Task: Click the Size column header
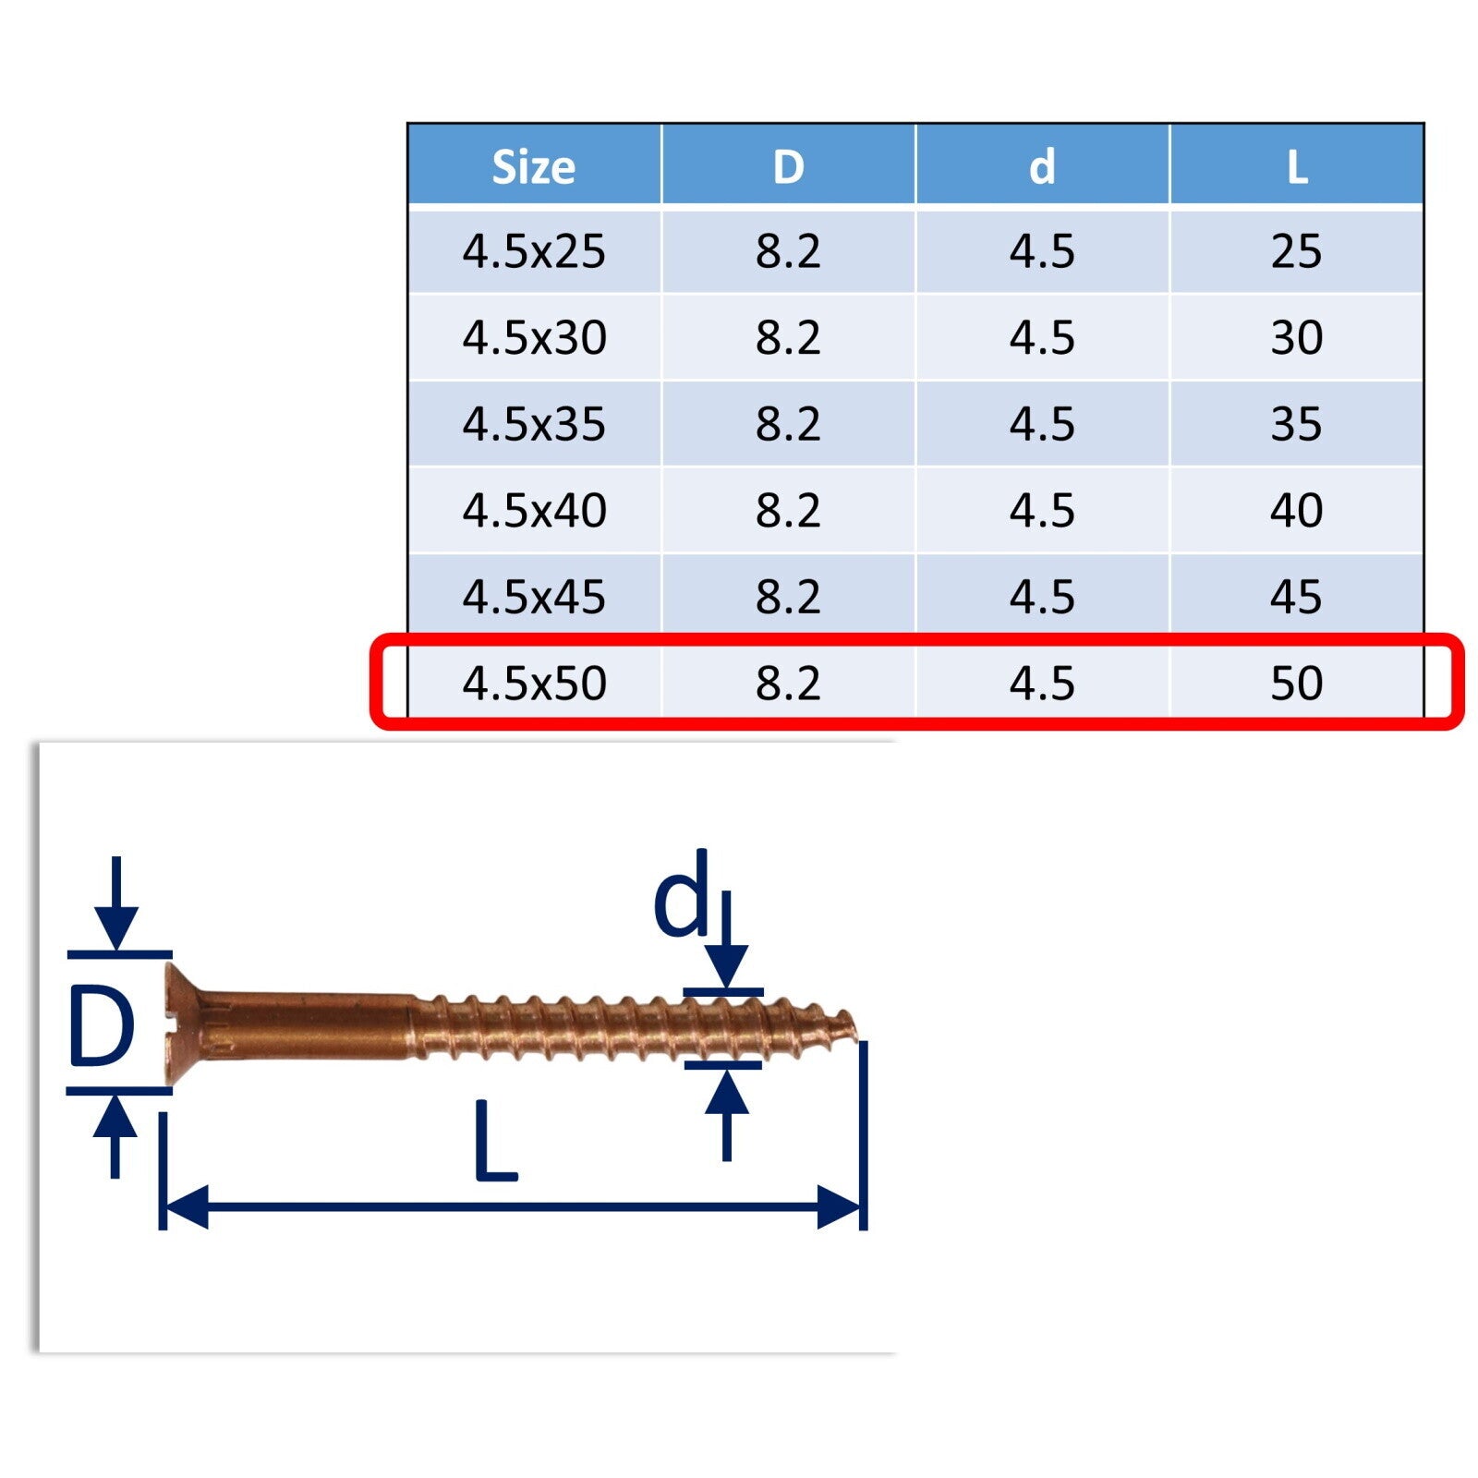coord(534,167)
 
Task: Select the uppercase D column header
coord(788,167)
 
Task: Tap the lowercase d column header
coord(1042,167)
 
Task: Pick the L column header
coord(1297,167)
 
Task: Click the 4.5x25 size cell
coord(534,251)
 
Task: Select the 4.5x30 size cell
coord(534,337)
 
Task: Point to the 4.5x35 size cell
coord(534,424)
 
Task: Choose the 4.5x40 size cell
coord(534,510)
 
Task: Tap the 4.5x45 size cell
coord(534,597)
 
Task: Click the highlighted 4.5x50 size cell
coord(534,683)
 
